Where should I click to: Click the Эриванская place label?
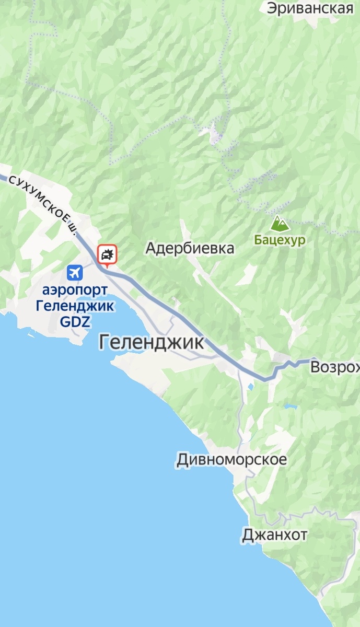[x=310, y=8]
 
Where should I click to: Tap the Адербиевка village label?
[x=190, y=248]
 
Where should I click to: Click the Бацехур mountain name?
[x=280, y=240]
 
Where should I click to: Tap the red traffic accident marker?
[x=108, y=254]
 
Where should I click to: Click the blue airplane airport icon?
[x=75, y=272]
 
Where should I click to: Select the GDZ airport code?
[x=75, y=321]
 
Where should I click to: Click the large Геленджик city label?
[x=151, y=343]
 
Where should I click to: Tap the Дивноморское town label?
[x=231, y=460]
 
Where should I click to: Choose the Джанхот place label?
[x=274, y=535]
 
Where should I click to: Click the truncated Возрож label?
[x=334, y=367]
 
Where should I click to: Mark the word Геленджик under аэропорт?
[x=75, y=306]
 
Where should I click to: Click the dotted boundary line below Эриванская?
[x=228, y=78]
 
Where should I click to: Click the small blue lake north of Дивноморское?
[x=251, y=387]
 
